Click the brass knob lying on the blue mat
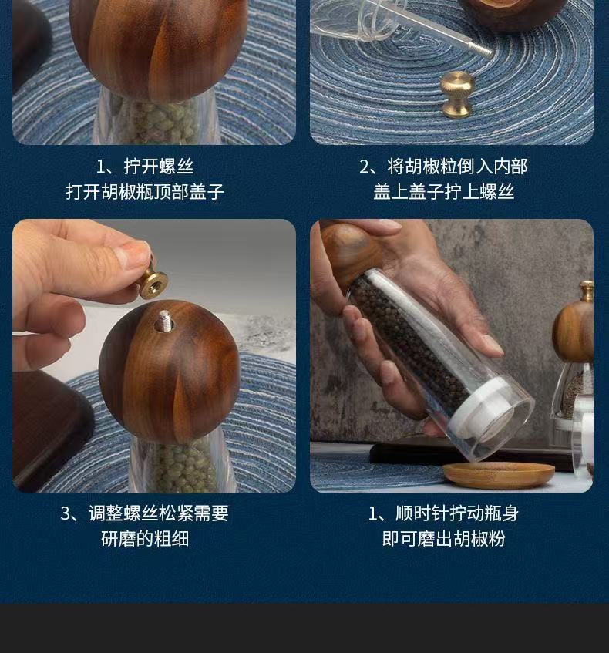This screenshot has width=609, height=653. tap(457, 94)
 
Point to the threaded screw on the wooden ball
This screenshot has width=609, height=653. tap(163, 321)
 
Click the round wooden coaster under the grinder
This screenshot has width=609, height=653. tap(499, 474)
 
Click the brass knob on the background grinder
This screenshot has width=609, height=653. tap(587, 291)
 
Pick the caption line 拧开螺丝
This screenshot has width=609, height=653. tap(159, 167)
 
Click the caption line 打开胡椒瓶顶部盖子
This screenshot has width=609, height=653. tap(145, 192)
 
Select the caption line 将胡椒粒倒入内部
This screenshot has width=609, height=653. tap(457, 167)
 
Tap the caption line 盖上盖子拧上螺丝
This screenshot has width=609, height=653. tap(443, 192)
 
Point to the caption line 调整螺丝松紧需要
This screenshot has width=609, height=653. tap(159, 513)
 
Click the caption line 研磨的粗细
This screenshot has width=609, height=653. tap(145, 538)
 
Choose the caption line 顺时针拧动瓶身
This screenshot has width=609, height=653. tap(457, 513)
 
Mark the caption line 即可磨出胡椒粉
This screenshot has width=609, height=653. tap(443, 538)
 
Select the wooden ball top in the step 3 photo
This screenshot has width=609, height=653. tap(170, 372)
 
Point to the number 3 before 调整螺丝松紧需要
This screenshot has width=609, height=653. tap(66, 513)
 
